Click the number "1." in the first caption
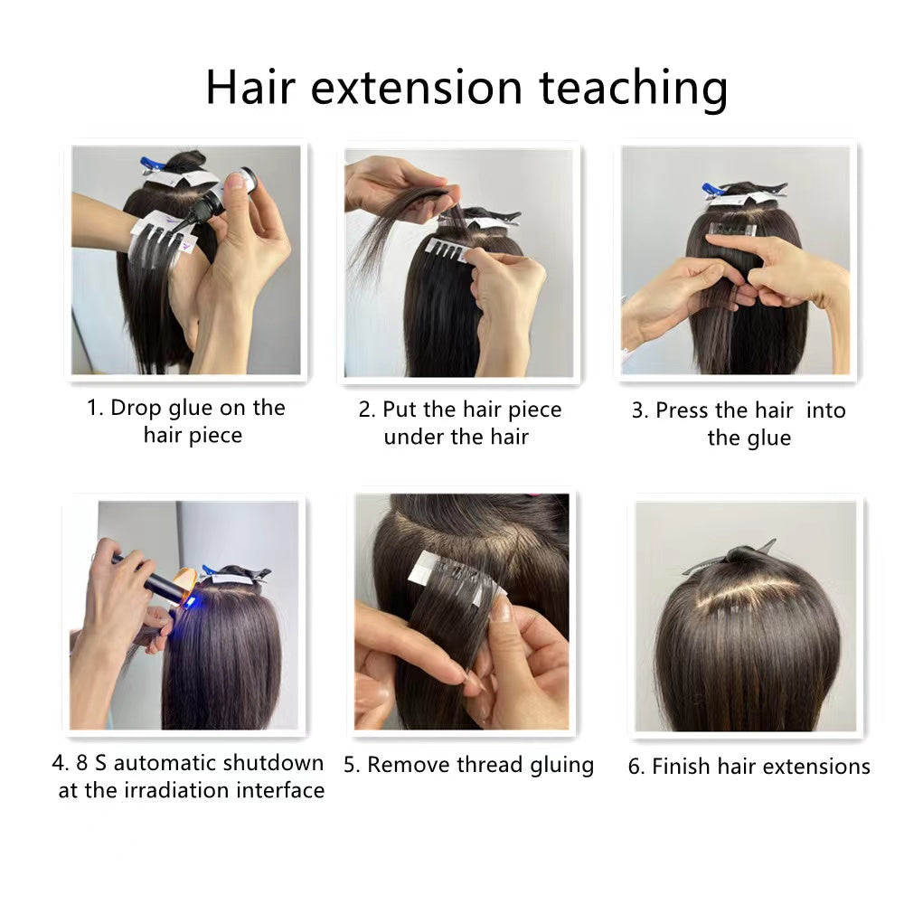coord(95,408)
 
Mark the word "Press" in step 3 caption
coord(683,410)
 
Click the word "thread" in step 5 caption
coord(482,765)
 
